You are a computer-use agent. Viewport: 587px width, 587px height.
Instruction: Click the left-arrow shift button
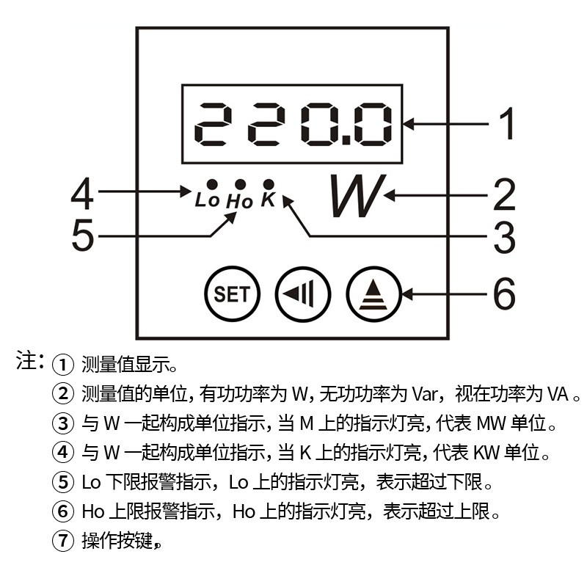tap(303, 295)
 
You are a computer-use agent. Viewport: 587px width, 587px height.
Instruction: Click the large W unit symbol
tap(356, 196)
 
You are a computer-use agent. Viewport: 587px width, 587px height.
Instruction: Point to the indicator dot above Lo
tap(211, 183)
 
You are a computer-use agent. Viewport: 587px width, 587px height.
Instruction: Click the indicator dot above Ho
tap(239, 184)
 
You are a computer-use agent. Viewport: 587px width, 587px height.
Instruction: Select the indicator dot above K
tap(269, 183)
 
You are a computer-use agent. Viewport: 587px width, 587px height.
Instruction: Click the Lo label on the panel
tap(208, 199)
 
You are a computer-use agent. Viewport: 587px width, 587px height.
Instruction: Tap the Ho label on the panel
tap(239, 200)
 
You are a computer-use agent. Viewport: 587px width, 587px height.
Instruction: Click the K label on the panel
tap(268, 199)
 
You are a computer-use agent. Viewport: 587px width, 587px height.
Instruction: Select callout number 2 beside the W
tap(504, 195)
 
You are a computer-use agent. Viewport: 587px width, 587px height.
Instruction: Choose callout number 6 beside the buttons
tap(504, 295)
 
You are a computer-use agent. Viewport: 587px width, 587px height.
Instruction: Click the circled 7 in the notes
tap(62, 542)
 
